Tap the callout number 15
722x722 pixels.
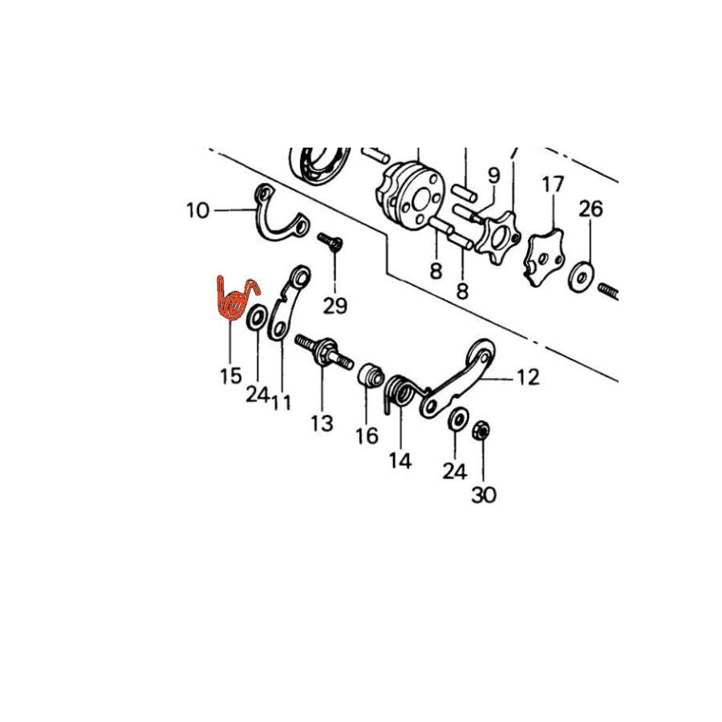tap(231, 376)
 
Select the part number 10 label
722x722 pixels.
tap(198, 211)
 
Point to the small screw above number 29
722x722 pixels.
tap(331, 241)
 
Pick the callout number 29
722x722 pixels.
tap(335, 306)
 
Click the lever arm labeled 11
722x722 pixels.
tap(289, 304)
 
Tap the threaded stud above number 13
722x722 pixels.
tap(324, 351)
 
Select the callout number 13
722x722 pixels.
tap(322, 423)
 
